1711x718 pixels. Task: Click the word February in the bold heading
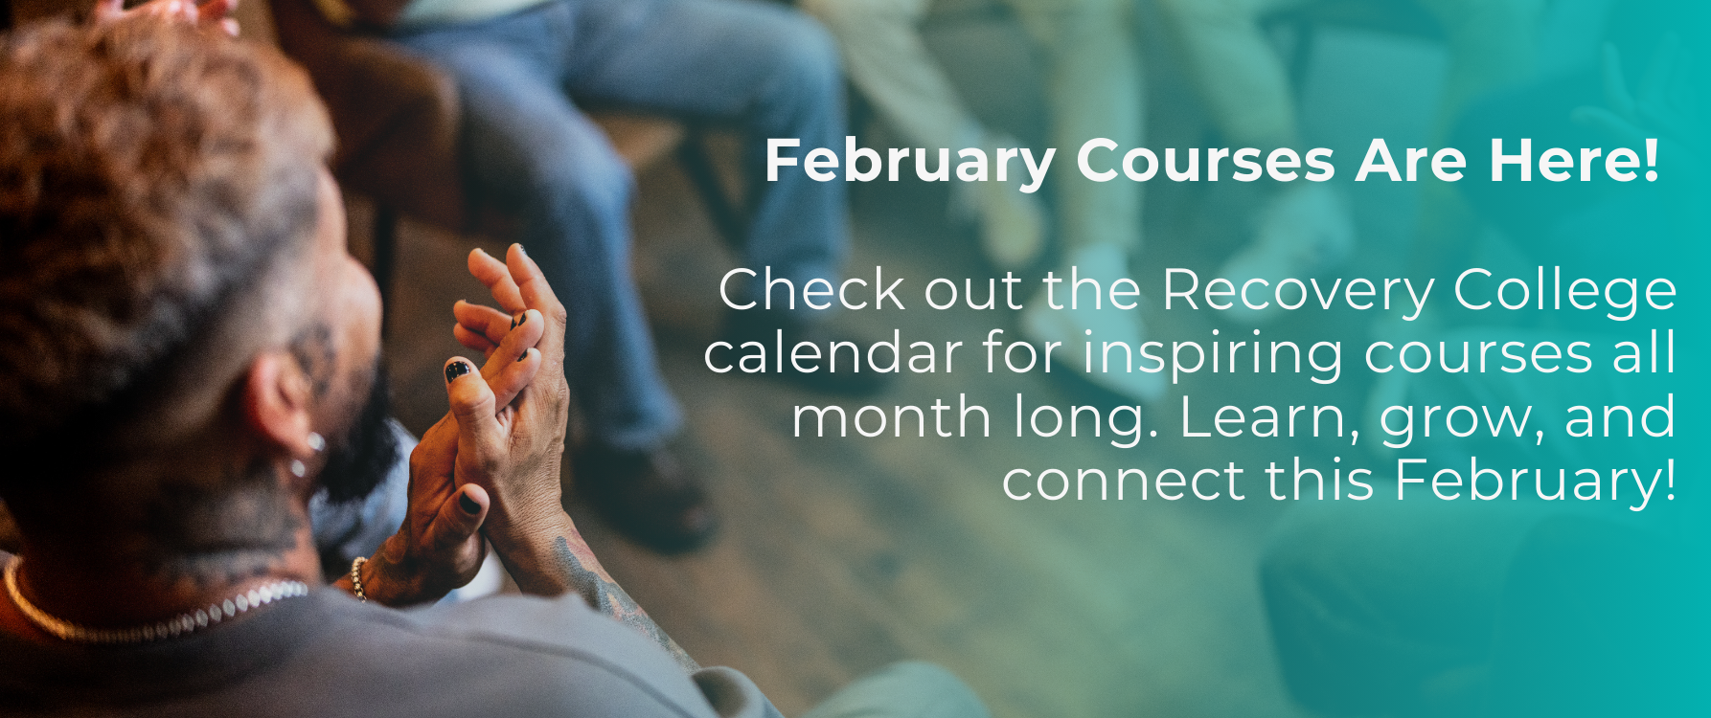pos(910,161)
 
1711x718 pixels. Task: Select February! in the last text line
pos(1536,482)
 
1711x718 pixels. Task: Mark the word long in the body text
pos(1066,419)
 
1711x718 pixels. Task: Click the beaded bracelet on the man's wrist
pos(358,578)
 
